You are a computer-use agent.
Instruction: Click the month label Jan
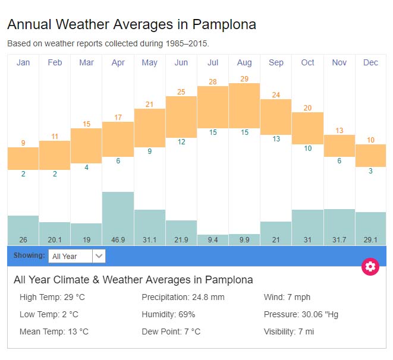pos(23,62)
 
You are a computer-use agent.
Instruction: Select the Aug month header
pos(244,62)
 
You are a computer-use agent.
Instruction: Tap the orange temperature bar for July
pos(213,107)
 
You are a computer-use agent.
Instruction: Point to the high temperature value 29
pos(244,78)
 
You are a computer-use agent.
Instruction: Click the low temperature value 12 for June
pos(181,142)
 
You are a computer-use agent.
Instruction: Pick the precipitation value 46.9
pos(118,239)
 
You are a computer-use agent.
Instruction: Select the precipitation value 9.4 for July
pos(213,239)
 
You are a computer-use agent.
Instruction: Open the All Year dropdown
pos(77,256)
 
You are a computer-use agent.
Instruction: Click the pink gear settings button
pos(370,266)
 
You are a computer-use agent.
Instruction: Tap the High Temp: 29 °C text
pos(52,297)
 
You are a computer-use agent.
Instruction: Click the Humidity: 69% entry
pos(168,314)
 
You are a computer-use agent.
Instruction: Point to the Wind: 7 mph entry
pos(287,297)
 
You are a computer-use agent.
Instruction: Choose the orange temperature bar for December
pos(370,156)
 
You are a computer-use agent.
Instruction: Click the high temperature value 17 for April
pos(118,117)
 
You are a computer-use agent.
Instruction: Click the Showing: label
pos(29,255)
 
